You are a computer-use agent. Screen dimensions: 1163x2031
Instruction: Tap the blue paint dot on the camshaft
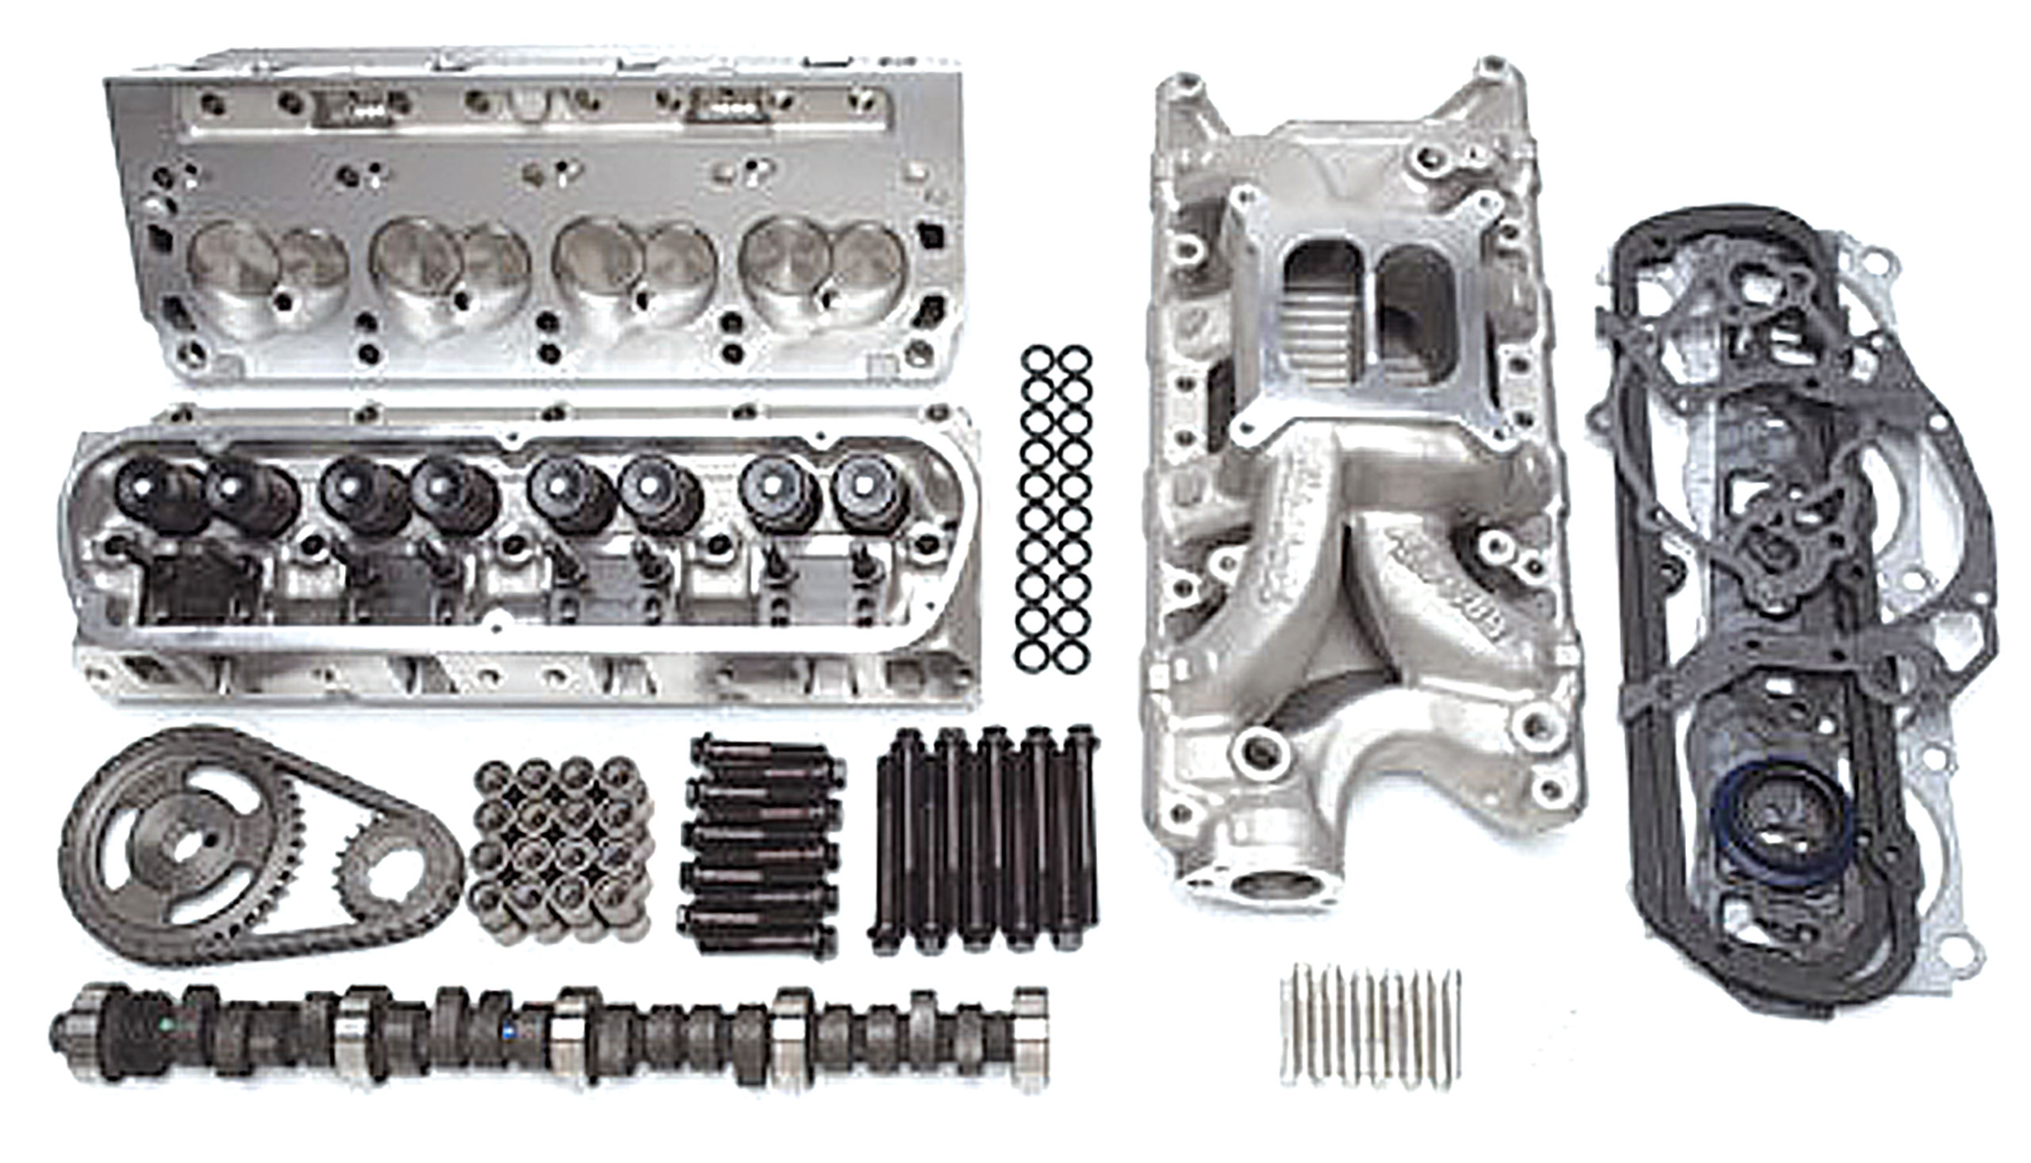click(508, 1031)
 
